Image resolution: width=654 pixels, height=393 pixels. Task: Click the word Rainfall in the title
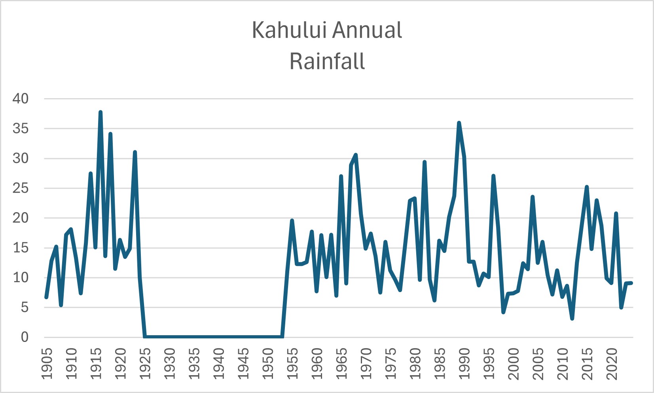coord(327,61)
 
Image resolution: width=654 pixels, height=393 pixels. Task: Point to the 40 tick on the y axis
coord(21,99)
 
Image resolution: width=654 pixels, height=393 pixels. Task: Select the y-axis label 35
coord(21,129)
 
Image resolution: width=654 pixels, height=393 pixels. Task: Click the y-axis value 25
coord(21,188)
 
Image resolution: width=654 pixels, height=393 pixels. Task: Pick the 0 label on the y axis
coord(25,337)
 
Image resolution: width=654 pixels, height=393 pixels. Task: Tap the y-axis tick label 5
coord(25,308)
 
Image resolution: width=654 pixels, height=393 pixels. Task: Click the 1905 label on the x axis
coord(47,364)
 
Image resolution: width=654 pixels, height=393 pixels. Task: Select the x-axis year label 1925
coord(145,364)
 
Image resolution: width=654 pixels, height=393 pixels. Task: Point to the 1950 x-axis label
coord(268,364)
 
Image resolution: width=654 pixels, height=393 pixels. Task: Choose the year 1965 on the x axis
coord(341,364)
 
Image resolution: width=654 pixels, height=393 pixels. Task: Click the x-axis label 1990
coord(464,364)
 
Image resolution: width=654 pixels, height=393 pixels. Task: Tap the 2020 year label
coord(612,364)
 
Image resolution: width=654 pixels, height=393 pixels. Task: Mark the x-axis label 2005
coord(538,364)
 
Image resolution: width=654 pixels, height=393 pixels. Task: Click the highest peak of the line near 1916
coord(100,112)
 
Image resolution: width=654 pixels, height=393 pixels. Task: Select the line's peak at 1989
coord(459,123)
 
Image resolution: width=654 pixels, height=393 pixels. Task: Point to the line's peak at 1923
coord(135,152)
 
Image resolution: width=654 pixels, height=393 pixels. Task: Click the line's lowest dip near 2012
coord(572,318)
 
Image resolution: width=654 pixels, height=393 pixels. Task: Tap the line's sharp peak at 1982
coord(425,162)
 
